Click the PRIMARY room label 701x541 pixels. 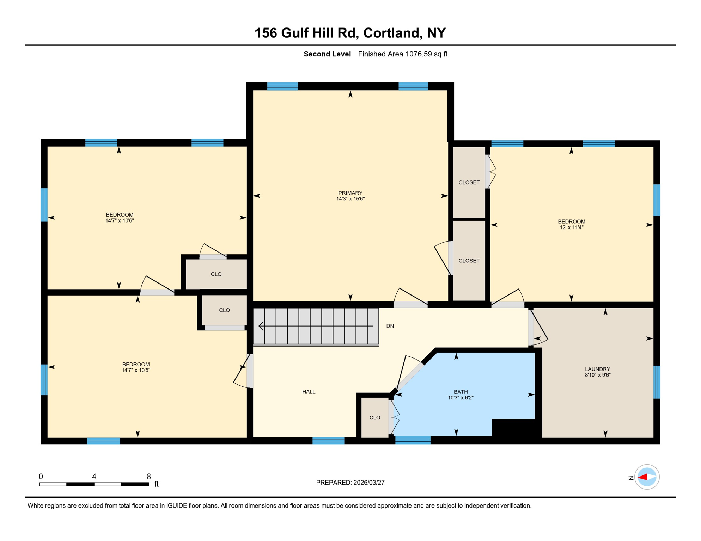tap(350, 193)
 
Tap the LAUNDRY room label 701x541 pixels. tap(597, 369)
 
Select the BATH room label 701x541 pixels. tap(461, 392)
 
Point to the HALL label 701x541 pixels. tap(309, 392)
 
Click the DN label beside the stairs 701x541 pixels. tap(390, 326)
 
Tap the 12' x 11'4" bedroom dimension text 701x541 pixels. tap(571, 228)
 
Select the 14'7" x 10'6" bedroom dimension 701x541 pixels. tap(120, 221)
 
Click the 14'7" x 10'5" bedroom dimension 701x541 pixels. tap(136, 370)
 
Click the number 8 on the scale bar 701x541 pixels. tap(149, 477)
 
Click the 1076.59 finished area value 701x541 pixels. tap(418, 54)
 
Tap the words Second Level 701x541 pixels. tap(327, 54)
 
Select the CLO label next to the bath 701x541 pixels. tap(374, 418)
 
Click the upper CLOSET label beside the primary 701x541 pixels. tap(469, 182)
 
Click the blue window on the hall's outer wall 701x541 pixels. tap(328, 441)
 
